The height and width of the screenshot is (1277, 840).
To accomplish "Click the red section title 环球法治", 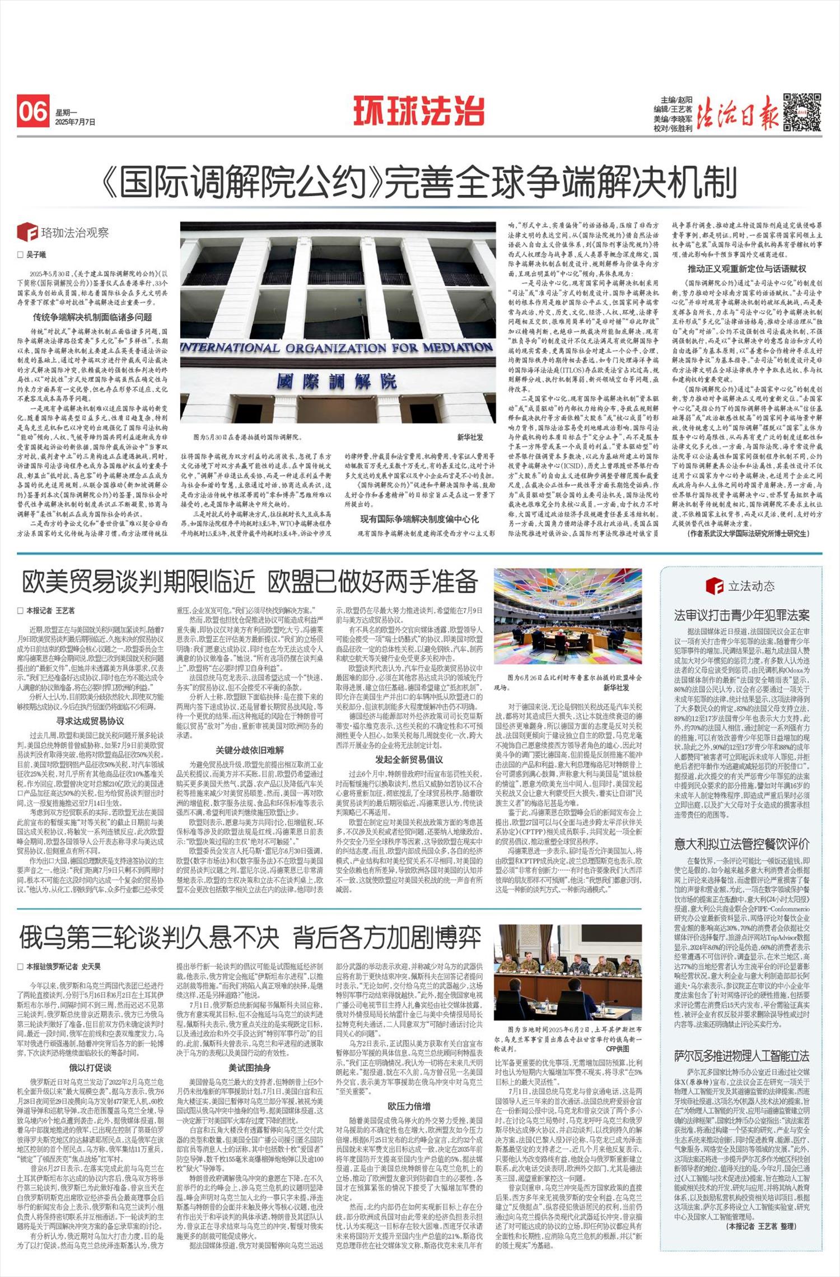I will (419, 110).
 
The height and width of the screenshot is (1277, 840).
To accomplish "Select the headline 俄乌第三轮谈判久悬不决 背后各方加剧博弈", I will (250, 937).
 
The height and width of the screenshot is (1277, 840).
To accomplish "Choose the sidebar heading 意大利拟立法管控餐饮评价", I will (741, 844).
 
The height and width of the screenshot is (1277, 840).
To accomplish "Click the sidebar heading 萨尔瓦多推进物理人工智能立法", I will (741, 1056).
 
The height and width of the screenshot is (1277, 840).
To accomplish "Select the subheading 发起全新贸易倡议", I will (409, 760).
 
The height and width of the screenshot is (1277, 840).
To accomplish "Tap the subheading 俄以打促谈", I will (90, 1067).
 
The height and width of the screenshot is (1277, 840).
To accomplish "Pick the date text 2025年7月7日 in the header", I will (76, 122).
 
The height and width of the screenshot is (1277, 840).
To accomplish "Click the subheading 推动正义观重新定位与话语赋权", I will (747, 269).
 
